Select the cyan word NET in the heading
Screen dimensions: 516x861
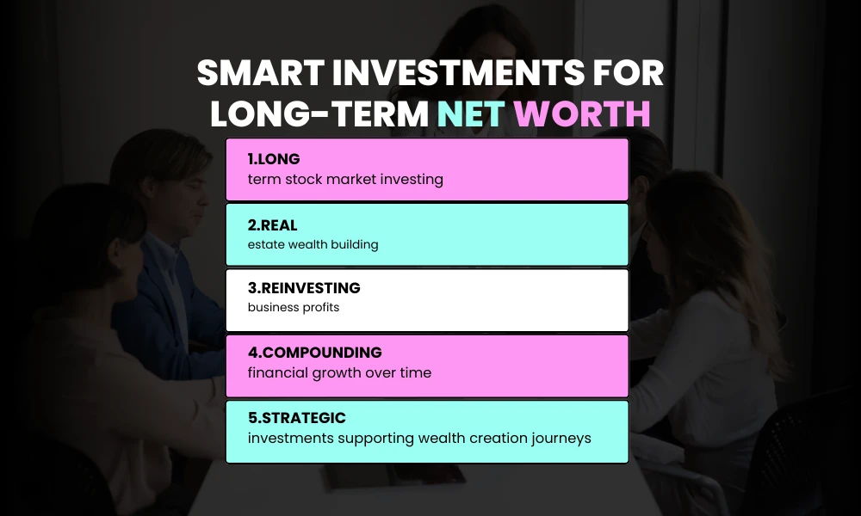[470, 114]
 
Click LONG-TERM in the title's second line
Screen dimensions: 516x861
[319, 114]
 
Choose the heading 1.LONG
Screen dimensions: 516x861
[274, 159]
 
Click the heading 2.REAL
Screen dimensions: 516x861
[273, 224]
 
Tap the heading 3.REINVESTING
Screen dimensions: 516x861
[304, 288]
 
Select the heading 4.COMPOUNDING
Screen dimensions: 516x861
[314, 353]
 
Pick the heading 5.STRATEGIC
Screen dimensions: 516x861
[297, 418]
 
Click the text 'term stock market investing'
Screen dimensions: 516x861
[345, 179]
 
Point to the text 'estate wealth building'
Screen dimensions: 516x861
[313, 244]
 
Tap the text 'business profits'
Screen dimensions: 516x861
[294, 308]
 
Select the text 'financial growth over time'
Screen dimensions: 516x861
[339, 373]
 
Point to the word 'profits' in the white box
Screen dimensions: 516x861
[319, 308]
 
